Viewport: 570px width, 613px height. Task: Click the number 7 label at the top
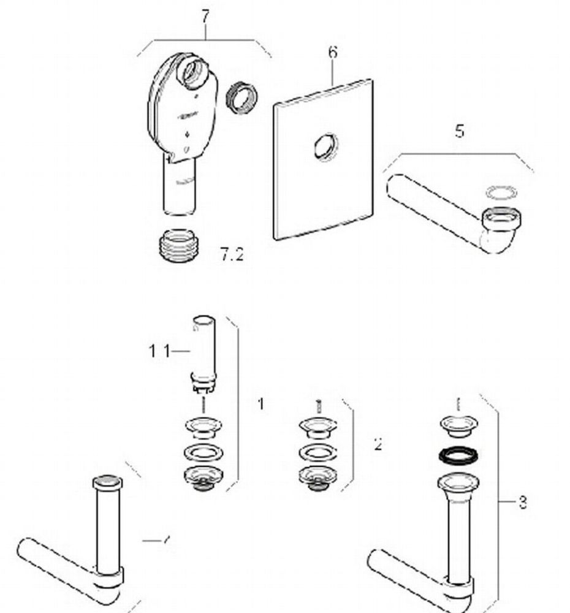tap(205, 17)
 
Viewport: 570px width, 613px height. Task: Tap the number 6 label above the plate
tap(332, 52)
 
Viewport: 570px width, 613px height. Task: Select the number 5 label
tap(460, 131)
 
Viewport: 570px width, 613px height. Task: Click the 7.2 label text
tap(232, 254)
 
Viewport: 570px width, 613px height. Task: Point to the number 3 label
tap(522, 503)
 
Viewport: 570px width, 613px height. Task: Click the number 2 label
tap(378, 444)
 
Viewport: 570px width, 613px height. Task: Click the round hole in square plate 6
tap(323, 148)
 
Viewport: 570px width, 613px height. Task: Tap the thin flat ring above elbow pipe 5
tap(501, 192)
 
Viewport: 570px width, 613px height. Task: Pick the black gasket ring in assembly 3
tap(458, 455)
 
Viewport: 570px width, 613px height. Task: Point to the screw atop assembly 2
tap(318, 405)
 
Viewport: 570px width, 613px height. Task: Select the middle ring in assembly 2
tap(317, 453)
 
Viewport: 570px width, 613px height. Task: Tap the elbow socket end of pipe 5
tap(500, 219)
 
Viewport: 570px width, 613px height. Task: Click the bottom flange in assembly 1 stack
tap(203, 476)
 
